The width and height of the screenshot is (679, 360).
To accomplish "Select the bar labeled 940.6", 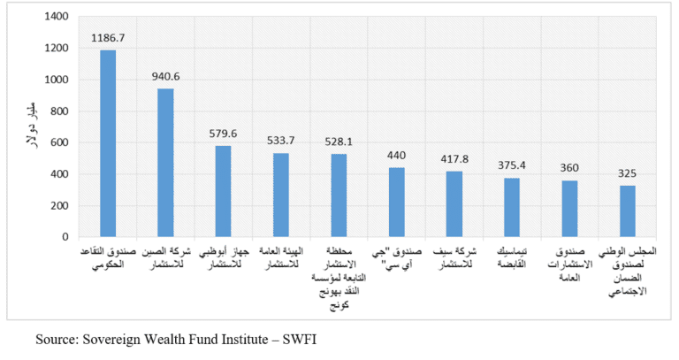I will point(165,163).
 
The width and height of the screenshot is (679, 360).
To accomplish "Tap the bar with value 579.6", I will point(224,191).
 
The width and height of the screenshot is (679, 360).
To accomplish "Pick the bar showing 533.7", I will point(281,195).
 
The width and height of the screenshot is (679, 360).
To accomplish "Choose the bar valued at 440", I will point(397,203).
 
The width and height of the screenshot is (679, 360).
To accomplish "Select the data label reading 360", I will point(570,169).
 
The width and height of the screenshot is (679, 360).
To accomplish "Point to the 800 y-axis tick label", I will point(58,111).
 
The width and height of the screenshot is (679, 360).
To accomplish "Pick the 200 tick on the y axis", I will point(58,206).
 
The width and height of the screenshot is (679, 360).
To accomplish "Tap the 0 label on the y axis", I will point(65,237).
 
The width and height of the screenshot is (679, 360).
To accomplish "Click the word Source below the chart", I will point(55,339).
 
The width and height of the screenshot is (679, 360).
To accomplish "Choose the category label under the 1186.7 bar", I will point(108,257).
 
